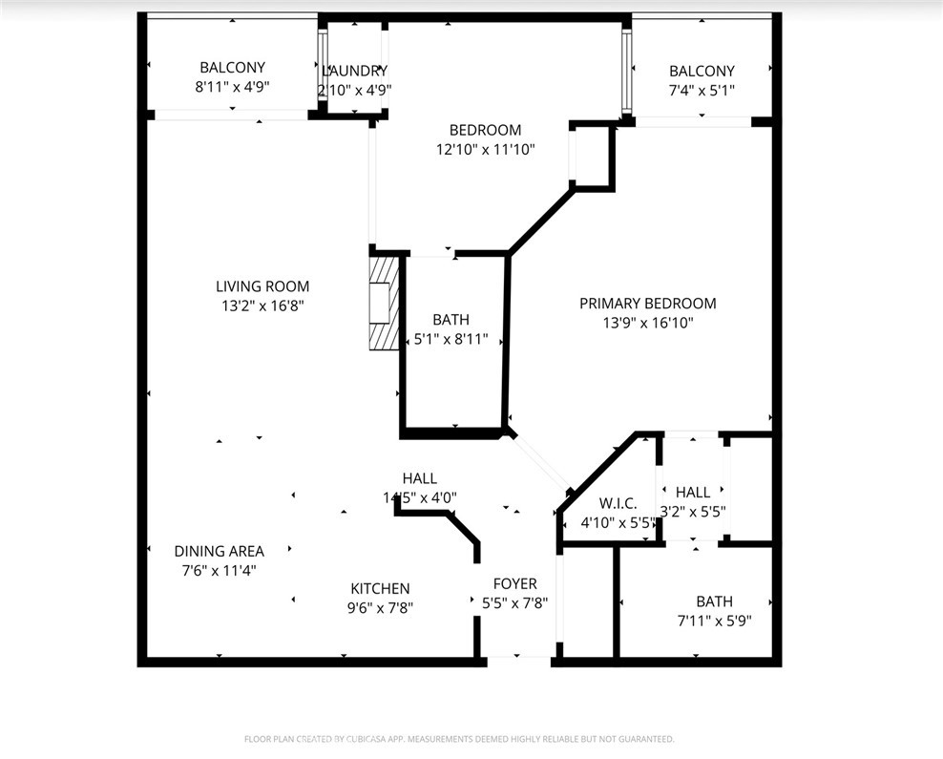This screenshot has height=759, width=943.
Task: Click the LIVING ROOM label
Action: [262, 285]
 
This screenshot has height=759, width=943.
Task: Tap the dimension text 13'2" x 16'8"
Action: [262, 306]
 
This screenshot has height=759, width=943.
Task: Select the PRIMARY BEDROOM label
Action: [647, 303]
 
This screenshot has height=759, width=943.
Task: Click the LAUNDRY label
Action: [354, 71]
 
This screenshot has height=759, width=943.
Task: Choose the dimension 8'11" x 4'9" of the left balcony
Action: [232, 86]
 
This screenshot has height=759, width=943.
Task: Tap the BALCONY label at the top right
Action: [702, 71]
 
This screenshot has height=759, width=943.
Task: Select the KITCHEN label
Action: [380, 588]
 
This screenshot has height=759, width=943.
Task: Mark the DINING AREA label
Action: [219, 551]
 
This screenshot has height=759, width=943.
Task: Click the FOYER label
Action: [514, 583]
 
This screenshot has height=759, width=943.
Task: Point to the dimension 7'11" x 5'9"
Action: [714, 620]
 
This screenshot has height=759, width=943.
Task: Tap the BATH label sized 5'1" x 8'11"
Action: [451, 320]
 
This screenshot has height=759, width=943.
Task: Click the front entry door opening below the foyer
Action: [516, 658]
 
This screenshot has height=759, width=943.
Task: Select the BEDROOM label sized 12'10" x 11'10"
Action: [485, 130]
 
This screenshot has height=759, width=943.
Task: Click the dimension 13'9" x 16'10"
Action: [647, 323]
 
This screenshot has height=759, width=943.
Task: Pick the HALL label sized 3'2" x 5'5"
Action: [692, 492]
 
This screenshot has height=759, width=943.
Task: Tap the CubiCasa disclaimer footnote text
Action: [459, 738]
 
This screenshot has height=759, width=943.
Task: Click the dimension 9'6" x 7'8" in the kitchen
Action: [380, 607]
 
